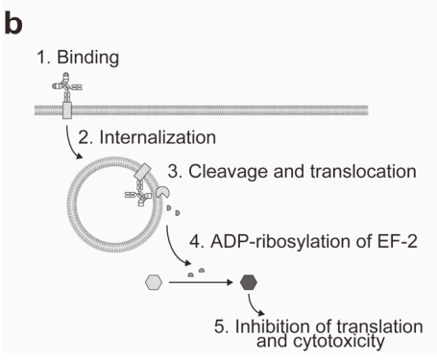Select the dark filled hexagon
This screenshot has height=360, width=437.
249,282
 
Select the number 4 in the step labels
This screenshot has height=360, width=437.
199,241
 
